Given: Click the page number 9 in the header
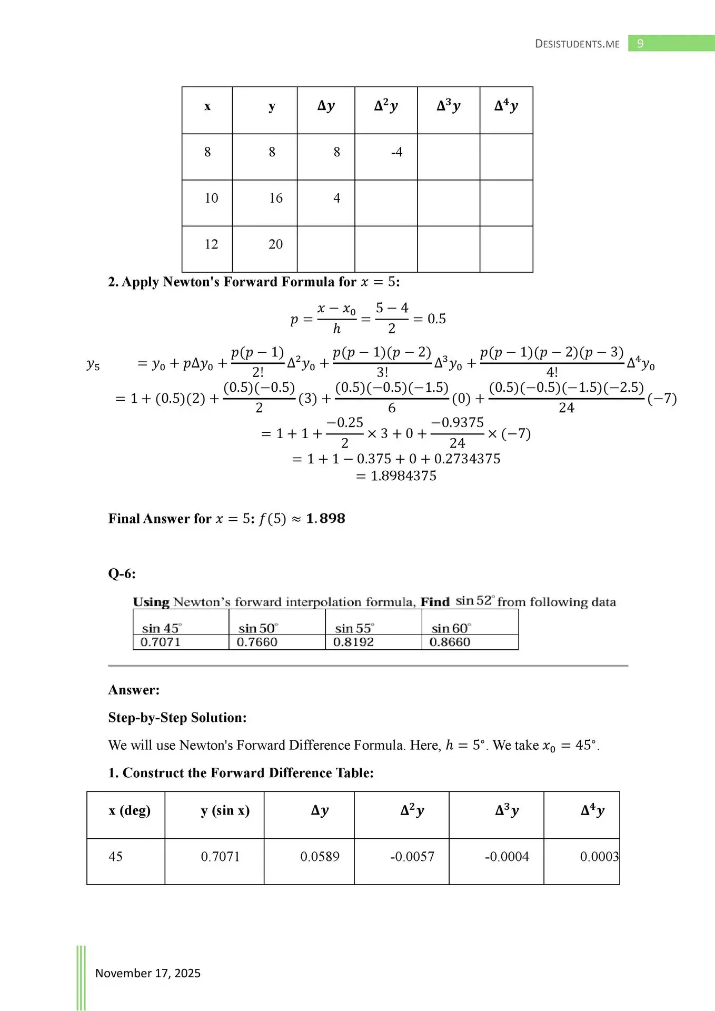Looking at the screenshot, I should (x=640, y=44).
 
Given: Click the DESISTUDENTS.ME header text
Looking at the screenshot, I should (x=577, y=44).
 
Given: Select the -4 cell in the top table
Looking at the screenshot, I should (x=396, y=152).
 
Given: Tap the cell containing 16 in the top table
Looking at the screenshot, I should (x=275, y=198).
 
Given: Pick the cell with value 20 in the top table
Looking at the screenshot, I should (x=275, y=244).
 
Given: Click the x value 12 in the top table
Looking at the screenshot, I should (x=211, y=244).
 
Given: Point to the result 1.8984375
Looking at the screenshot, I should (x=403, y=476).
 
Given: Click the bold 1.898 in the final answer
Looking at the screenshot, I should (x=325, y=519).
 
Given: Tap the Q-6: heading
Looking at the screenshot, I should (x=122, y=573).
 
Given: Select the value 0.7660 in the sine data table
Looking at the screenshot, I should (x=257, y=642).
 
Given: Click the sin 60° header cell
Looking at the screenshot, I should (x=451, y=628).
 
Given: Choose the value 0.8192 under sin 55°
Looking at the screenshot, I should (x=353, y=642).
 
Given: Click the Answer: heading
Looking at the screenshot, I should (x=134, y=690).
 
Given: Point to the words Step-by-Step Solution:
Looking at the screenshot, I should (x=177, y=718).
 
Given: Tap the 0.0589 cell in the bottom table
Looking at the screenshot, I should (x=320, y=857).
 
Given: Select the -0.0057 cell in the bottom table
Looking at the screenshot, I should (x=412, y=857).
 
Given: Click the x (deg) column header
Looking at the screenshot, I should (x=130, y=810).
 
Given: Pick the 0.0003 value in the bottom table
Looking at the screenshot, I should (x=599, y=857).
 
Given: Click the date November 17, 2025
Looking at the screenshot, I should (x=148, y=973).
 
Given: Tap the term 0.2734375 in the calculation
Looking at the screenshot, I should (x=467, y=459).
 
